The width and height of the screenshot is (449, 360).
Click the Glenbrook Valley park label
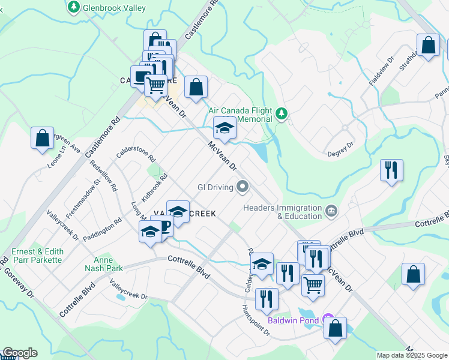(115, 7)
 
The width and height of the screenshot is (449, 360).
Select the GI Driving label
(215, 187)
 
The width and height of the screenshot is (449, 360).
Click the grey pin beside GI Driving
(243, 187)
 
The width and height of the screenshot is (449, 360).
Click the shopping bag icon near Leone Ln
(42, 138)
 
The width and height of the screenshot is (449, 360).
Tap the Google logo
(19, 353)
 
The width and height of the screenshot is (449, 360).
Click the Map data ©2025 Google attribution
(412, 355)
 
